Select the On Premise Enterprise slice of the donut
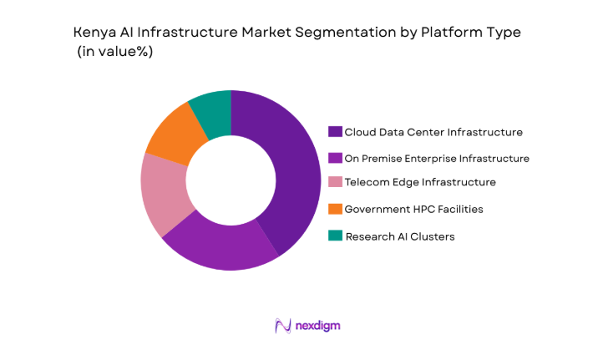click(222, 246)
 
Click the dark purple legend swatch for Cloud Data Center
click(335, 132)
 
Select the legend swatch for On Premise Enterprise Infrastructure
click(335, 158)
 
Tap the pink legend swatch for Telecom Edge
click(335, 182)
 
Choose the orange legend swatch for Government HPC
click(335, 209)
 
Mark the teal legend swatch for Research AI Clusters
click(335, 236)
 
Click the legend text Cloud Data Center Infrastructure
click(434, 132)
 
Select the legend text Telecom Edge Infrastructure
click(421, 182)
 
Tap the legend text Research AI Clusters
click(401, 236)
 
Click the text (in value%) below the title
click(114, 51)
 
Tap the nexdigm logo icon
click(282, 326)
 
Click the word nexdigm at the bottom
click(317, 326)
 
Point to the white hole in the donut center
click(231, 180)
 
